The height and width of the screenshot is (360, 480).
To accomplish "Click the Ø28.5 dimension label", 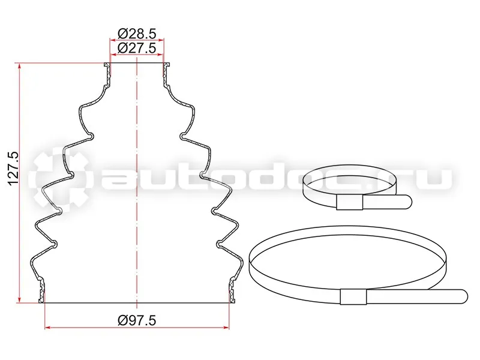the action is (x=137, y=34).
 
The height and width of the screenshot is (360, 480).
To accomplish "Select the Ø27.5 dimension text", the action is (x=137, y=48).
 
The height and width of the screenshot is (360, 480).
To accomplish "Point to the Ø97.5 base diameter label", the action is (x=137, y=320).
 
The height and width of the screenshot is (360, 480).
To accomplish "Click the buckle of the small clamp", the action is (x=349, y=202).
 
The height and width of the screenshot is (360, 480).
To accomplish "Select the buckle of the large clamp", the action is (x=353, y=296).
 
